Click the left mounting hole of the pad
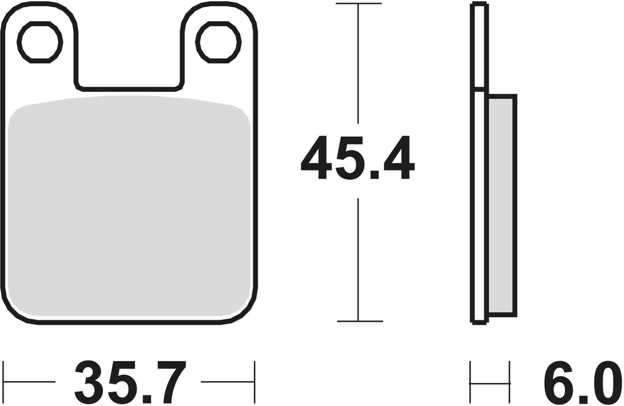click(40, 42)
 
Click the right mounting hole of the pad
click(218, 42)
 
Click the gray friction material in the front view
click(131, 206)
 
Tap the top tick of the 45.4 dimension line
click(358, 4)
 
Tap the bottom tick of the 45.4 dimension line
click(358, 321)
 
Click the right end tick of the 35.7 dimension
click(255, 382)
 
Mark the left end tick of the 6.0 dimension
click(471, 382)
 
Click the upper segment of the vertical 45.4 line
click(358, 62)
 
